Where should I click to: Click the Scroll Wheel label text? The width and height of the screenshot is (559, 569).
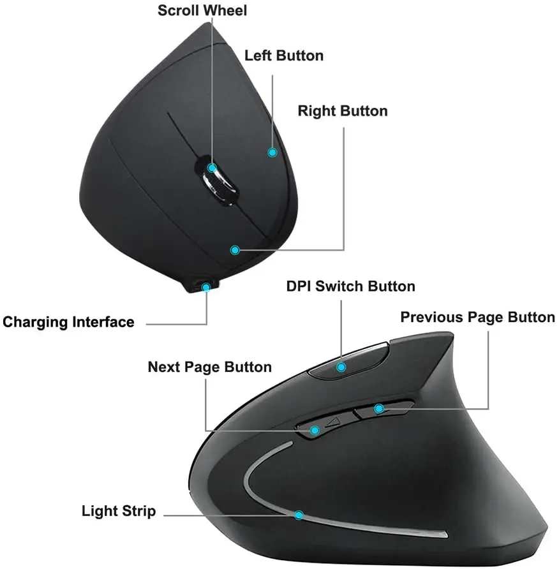coord(202,10)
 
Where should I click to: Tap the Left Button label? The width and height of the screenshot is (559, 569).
coord(284,55)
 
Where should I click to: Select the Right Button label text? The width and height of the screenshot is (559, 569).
coord(343,111)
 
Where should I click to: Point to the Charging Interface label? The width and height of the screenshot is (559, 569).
coord(69,321)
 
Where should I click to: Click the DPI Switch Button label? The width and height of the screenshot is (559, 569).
coord(350,286)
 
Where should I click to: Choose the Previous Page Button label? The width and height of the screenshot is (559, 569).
coord(477,317)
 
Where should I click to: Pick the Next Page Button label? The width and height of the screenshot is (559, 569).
coord(209,367)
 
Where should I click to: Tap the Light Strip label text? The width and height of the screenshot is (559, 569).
coord(119,511)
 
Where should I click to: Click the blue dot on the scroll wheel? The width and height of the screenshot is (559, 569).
coord(212,168)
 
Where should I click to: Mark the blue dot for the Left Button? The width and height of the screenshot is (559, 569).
coord(272,152)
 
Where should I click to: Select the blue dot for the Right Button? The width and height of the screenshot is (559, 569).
coord(235,250)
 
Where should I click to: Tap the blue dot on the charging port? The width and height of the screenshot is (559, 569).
coord(205,287)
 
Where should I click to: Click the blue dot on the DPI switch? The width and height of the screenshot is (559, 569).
coord(342,367)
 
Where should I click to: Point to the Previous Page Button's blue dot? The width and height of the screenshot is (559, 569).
coord(379,408)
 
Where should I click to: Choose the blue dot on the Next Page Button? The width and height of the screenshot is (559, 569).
coord(314,431)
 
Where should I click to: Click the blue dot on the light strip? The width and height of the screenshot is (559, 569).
coord(299,514)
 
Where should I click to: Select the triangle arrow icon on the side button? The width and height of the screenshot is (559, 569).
coord(331,422)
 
